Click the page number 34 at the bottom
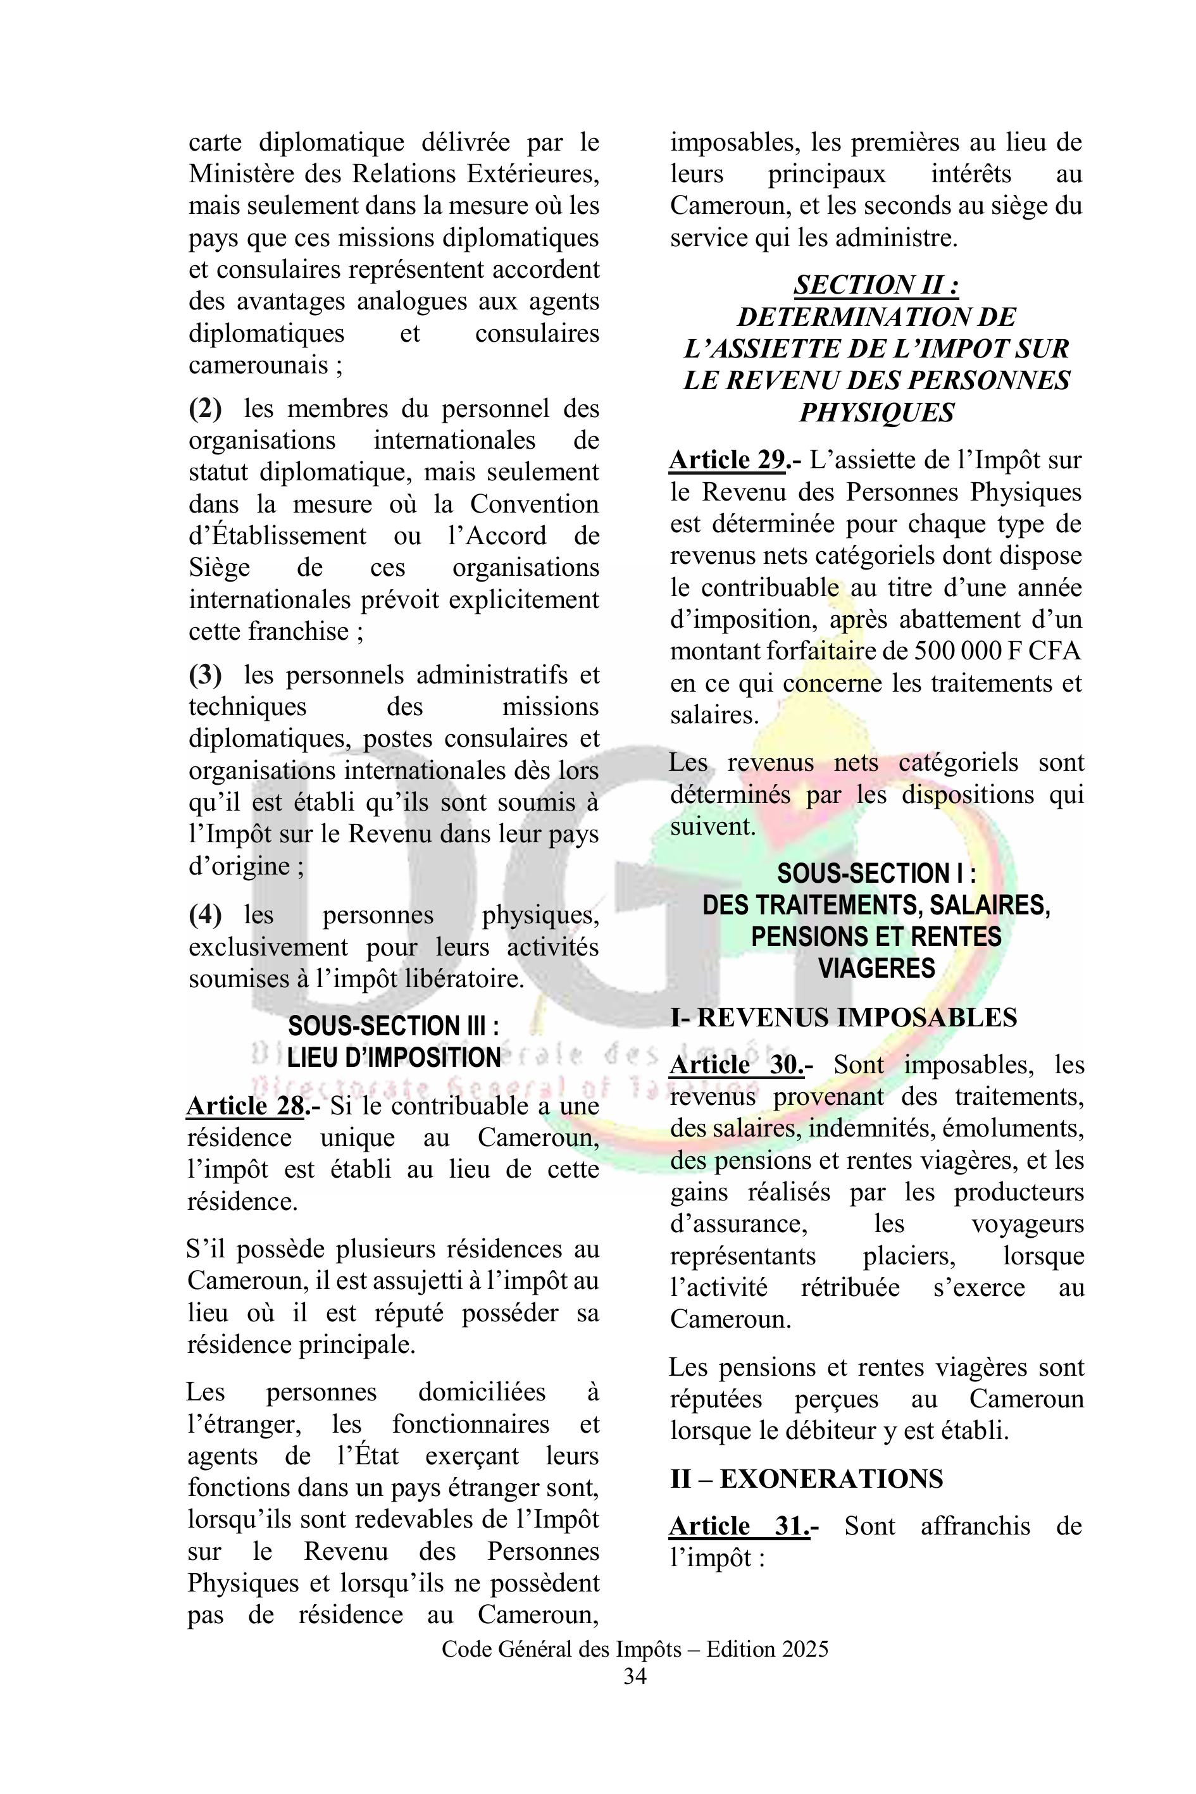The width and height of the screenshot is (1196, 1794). tap(635, 1676)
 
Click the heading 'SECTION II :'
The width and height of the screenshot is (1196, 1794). tap(876, 285)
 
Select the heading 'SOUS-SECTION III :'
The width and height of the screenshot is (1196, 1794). tap(394, 1026)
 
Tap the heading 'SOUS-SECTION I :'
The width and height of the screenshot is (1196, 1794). tap(876, 873)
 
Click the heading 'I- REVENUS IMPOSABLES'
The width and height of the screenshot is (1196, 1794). tap(843, 1017)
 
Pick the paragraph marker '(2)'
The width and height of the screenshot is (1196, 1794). tap(205, 409)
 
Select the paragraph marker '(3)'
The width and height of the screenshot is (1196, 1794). tap(205, 675)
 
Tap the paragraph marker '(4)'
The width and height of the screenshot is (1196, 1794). tap(205, 914)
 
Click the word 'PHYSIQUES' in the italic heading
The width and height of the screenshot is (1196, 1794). tap(876, 413)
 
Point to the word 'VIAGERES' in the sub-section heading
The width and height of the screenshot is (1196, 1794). tap(876, 968)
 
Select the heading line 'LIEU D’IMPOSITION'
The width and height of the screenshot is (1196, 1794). tap(394, 1058)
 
